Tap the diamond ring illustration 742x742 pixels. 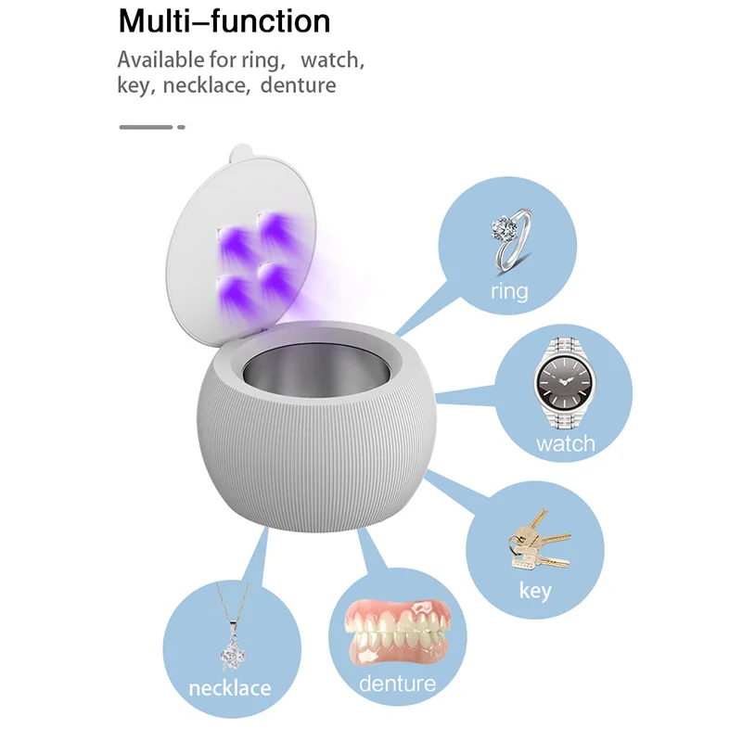pos(510,237)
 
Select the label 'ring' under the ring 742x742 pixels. pos(509,291)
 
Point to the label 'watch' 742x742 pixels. pos(565,443)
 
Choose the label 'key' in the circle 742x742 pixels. pos(535,590)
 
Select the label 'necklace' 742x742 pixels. pos(229,688)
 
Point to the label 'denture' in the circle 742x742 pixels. pos(397,684)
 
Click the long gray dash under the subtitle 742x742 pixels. pos(146,126)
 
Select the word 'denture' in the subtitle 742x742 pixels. pos(298,86)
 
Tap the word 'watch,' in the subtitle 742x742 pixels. pos(332,61)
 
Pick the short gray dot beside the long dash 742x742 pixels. pos(181,126)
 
